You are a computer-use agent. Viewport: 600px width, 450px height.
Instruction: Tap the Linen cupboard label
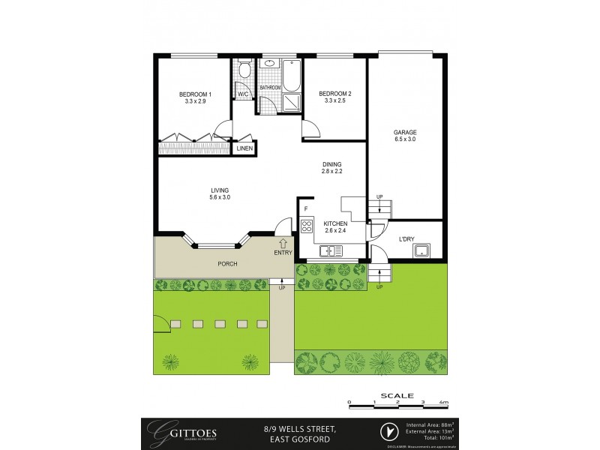(244, 149)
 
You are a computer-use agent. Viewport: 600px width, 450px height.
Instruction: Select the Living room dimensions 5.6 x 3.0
(220, 198)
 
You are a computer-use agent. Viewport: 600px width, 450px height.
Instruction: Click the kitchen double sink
(330, 250)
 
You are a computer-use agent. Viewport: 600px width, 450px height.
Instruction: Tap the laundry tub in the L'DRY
(422, 250)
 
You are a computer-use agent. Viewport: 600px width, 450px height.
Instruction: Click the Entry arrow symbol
(282, 243)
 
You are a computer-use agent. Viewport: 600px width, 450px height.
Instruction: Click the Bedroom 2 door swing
(311, 129)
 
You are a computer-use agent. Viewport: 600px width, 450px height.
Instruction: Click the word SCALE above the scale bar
(396, 395)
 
